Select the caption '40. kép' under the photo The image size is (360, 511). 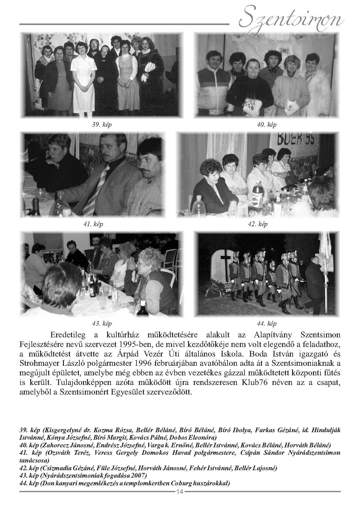pyautogui.click(x=266, y=125)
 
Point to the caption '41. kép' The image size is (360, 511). pyautogui.click(x=93, y=224)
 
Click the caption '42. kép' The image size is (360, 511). pyautogui.click(x=257, y=224)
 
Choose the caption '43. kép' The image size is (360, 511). pyautogui.click(x=102, y=323)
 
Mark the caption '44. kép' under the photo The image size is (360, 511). pyautogui.click(x=266, y=323)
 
